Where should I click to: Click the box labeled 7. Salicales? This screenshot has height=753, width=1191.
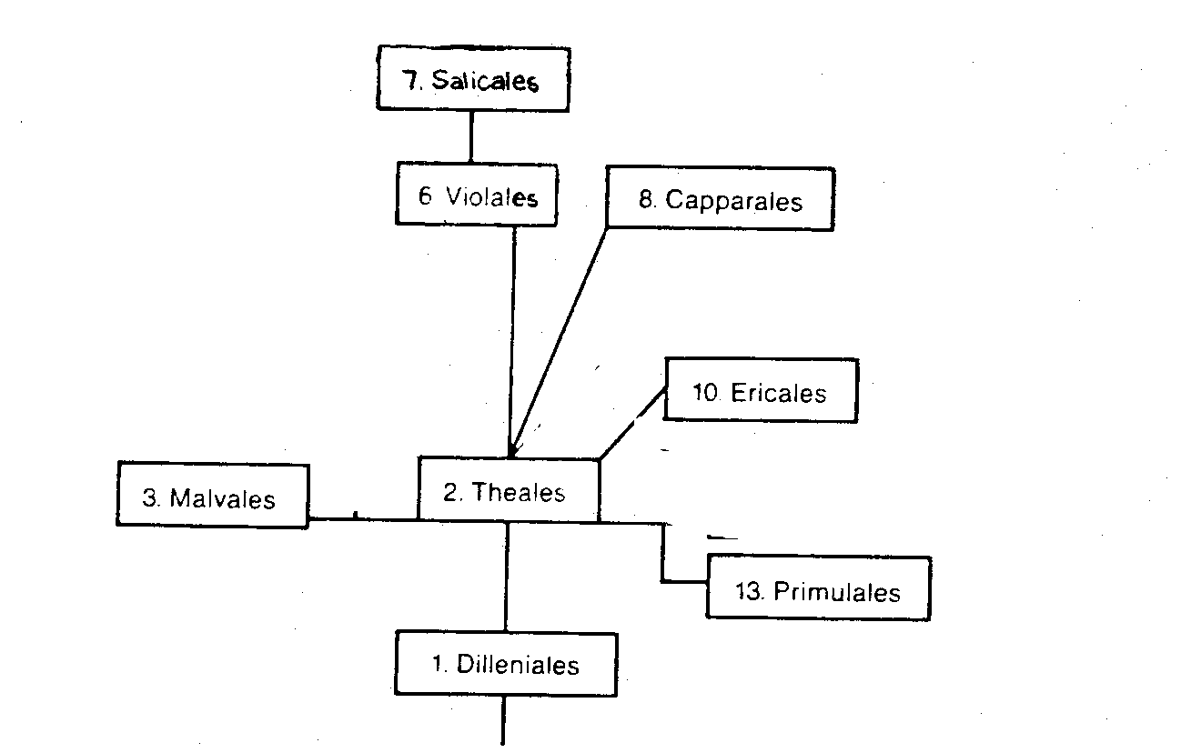[473, 81]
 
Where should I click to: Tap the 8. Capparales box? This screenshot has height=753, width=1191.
[720, 198]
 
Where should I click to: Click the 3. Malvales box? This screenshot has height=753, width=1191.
[212, 496]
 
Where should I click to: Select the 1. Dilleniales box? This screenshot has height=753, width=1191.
[506, 664]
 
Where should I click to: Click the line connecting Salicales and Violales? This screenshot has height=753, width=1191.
[471, 136]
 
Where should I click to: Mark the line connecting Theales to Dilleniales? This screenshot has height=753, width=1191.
[506, 577]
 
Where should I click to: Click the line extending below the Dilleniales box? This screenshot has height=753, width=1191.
[502, 723]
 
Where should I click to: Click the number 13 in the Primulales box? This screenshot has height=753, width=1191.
[748, 591]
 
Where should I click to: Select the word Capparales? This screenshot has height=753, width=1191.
[734, 200]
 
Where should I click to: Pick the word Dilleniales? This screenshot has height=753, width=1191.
[518, 665]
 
